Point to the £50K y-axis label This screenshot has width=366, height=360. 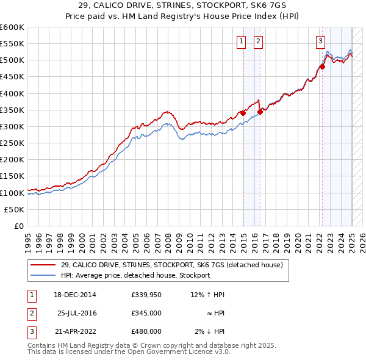point(14,209)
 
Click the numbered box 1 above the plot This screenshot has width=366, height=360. point(241,41)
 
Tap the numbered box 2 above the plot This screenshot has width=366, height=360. point(258,41)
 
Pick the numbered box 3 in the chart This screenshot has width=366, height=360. point(320,41)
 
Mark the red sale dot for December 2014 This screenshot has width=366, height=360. point(243,113)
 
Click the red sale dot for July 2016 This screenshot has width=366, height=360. point(260,111)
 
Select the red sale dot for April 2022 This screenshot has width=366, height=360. point(323,67)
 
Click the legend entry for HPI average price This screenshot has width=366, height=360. point(135,275)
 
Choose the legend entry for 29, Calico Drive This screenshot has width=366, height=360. point(171,265)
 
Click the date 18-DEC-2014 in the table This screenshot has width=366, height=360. point(74,295)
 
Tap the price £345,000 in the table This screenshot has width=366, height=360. point(146,313)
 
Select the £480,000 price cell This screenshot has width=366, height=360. point(146,331)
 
